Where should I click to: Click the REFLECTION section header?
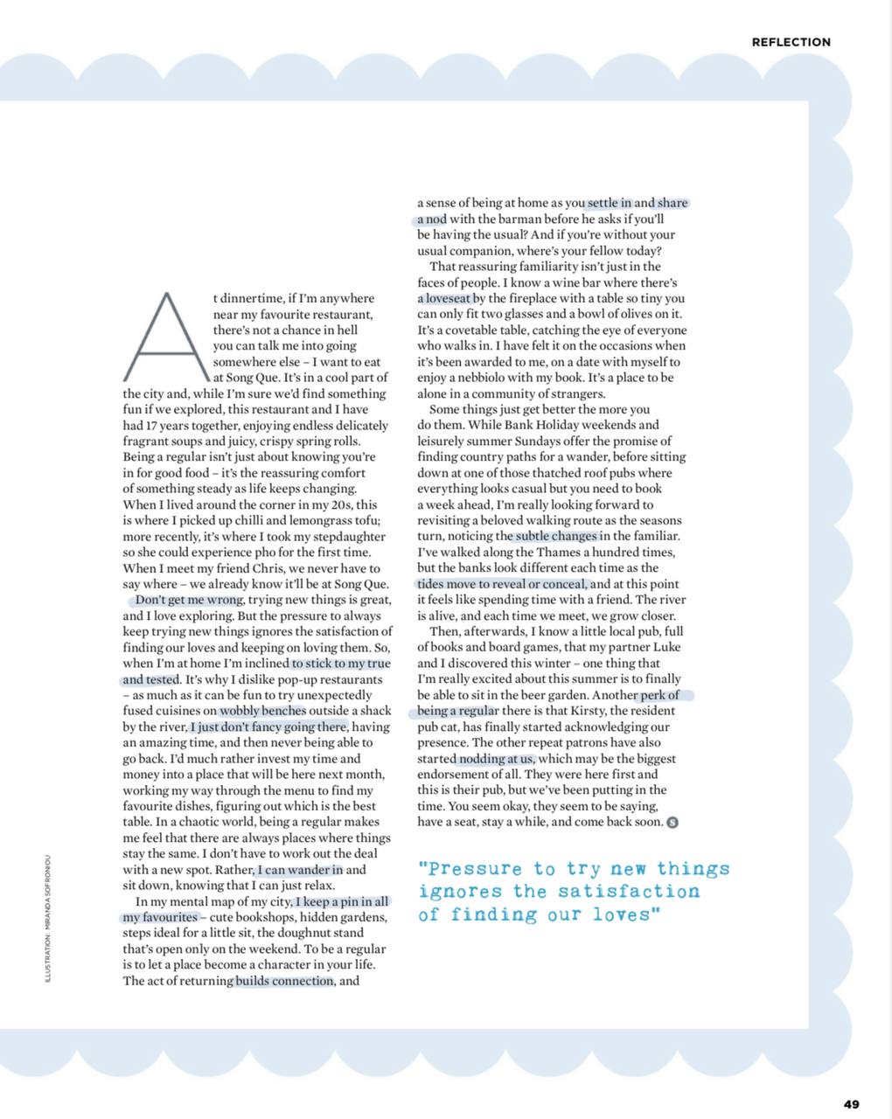coord(791,42)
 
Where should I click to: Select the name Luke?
coord(665,647)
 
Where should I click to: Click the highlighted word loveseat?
coord(449,298)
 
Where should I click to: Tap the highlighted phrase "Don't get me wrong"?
coord(188,601)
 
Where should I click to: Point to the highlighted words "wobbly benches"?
coord(262,711)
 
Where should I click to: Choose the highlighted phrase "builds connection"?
coord(284,981)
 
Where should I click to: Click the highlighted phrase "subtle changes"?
coord(556,536)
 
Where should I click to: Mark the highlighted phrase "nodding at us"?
coord(496,759)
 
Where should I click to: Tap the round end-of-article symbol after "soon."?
coord(672,822)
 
